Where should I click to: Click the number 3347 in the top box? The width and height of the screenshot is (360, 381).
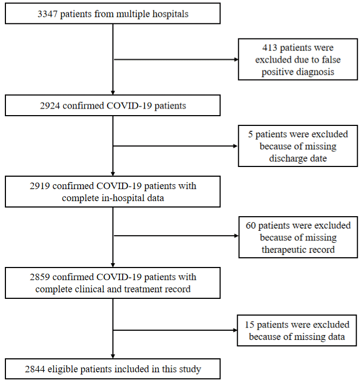[x=48, y=14]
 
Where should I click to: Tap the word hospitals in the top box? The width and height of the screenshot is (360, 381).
[x=170, y=15]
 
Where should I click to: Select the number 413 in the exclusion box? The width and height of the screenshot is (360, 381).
[x=270, y=48]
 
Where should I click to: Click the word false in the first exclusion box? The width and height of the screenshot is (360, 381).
[x=331, y=60]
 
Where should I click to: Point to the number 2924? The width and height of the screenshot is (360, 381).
[x=50, y=106]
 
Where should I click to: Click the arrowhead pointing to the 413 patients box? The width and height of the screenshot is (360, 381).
[x=236, y=59]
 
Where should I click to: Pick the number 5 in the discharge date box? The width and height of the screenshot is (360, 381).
[x=250, y=135]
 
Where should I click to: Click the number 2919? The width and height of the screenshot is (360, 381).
[x=40, y=186]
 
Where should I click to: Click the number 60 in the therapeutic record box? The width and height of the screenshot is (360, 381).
[x=251, y=225]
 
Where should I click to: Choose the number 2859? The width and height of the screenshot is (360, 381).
[x=40, y=277]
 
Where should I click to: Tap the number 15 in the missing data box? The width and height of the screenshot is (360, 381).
[x=250, y=325]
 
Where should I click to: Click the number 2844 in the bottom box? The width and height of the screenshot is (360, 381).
[x=35, y=369]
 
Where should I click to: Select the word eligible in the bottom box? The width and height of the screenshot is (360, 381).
[x=63, y=370]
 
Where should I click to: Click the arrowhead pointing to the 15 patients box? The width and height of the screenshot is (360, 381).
[x=235, y=330]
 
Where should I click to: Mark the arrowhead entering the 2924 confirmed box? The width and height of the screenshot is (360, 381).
[x=113, y=92]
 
